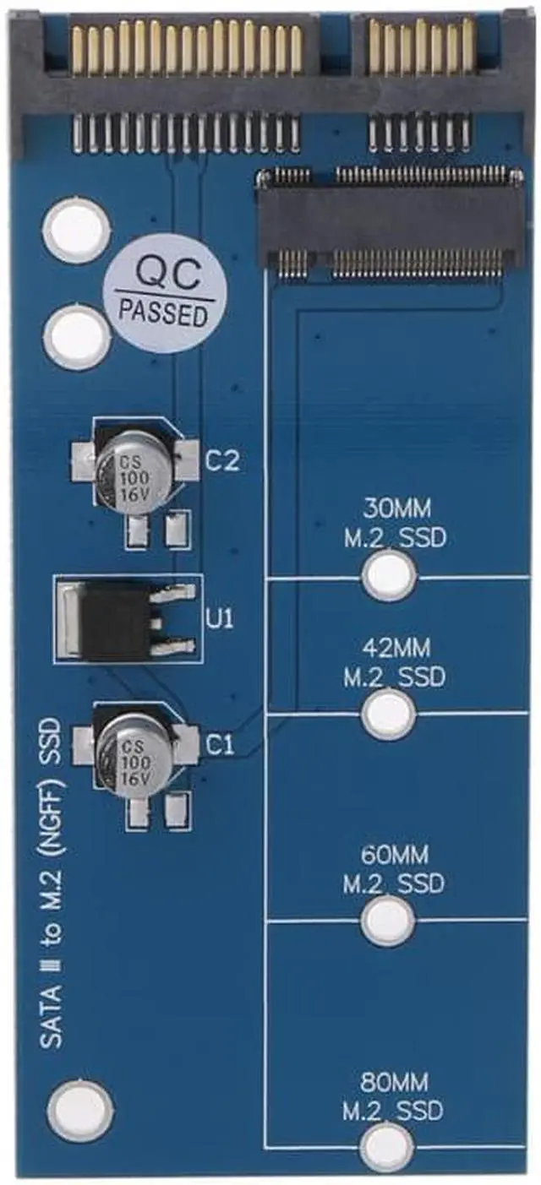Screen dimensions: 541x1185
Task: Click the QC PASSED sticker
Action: (x=163, y=291)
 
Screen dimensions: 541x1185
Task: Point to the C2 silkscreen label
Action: (x=223, y=461)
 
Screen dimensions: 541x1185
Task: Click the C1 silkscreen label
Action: (x=220, y=744)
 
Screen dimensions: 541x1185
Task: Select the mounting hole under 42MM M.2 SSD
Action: (x=389, y=715)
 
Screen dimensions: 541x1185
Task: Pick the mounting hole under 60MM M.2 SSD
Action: (x=389, y=921)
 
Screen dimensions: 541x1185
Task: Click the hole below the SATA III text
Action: (x=80, y=1109)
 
